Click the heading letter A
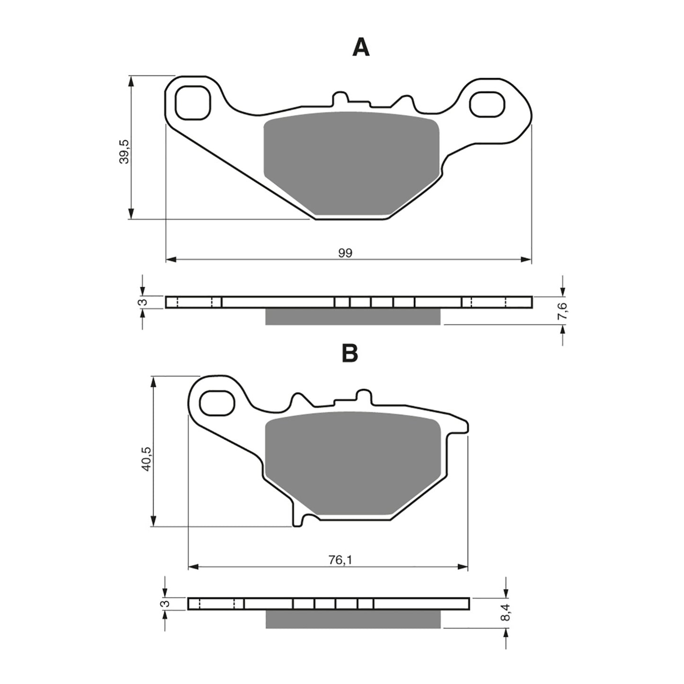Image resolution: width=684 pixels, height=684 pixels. (361, 48)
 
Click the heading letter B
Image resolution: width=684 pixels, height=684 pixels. (350, 353)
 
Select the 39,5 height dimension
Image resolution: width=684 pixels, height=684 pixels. (124, 151)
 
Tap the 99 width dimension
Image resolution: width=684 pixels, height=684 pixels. (345, 253)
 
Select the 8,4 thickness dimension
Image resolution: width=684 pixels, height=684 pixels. (507, 616)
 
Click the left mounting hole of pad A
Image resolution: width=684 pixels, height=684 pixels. (192, 102)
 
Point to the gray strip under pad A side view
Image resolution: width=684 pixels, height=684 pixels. (353, 317)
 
